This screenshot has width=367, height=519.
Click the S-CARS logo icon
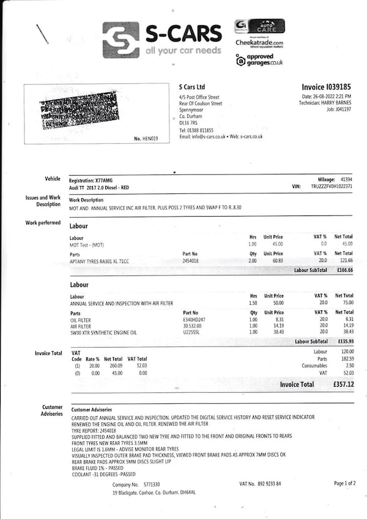(120, 40)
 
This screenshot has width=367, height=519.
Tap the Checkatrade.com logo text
(259, 43)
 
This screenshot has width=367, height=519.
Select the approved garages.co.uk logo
(259, 60)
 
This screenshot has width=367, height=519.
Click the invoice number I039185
(327, 88)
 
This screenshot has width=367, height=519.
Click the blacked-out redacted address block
(78, 111)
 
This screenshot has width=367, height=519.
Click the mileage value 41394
(346, 179)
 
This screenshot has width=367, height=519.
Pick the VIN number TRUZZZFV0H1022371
(332, 186)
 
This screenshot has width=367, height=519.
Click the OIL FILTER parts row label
(81, 319)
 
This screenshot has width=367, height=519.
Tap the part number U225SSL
(192, 332)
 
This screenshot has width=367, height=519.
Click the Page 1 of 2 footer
(345, 484)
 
